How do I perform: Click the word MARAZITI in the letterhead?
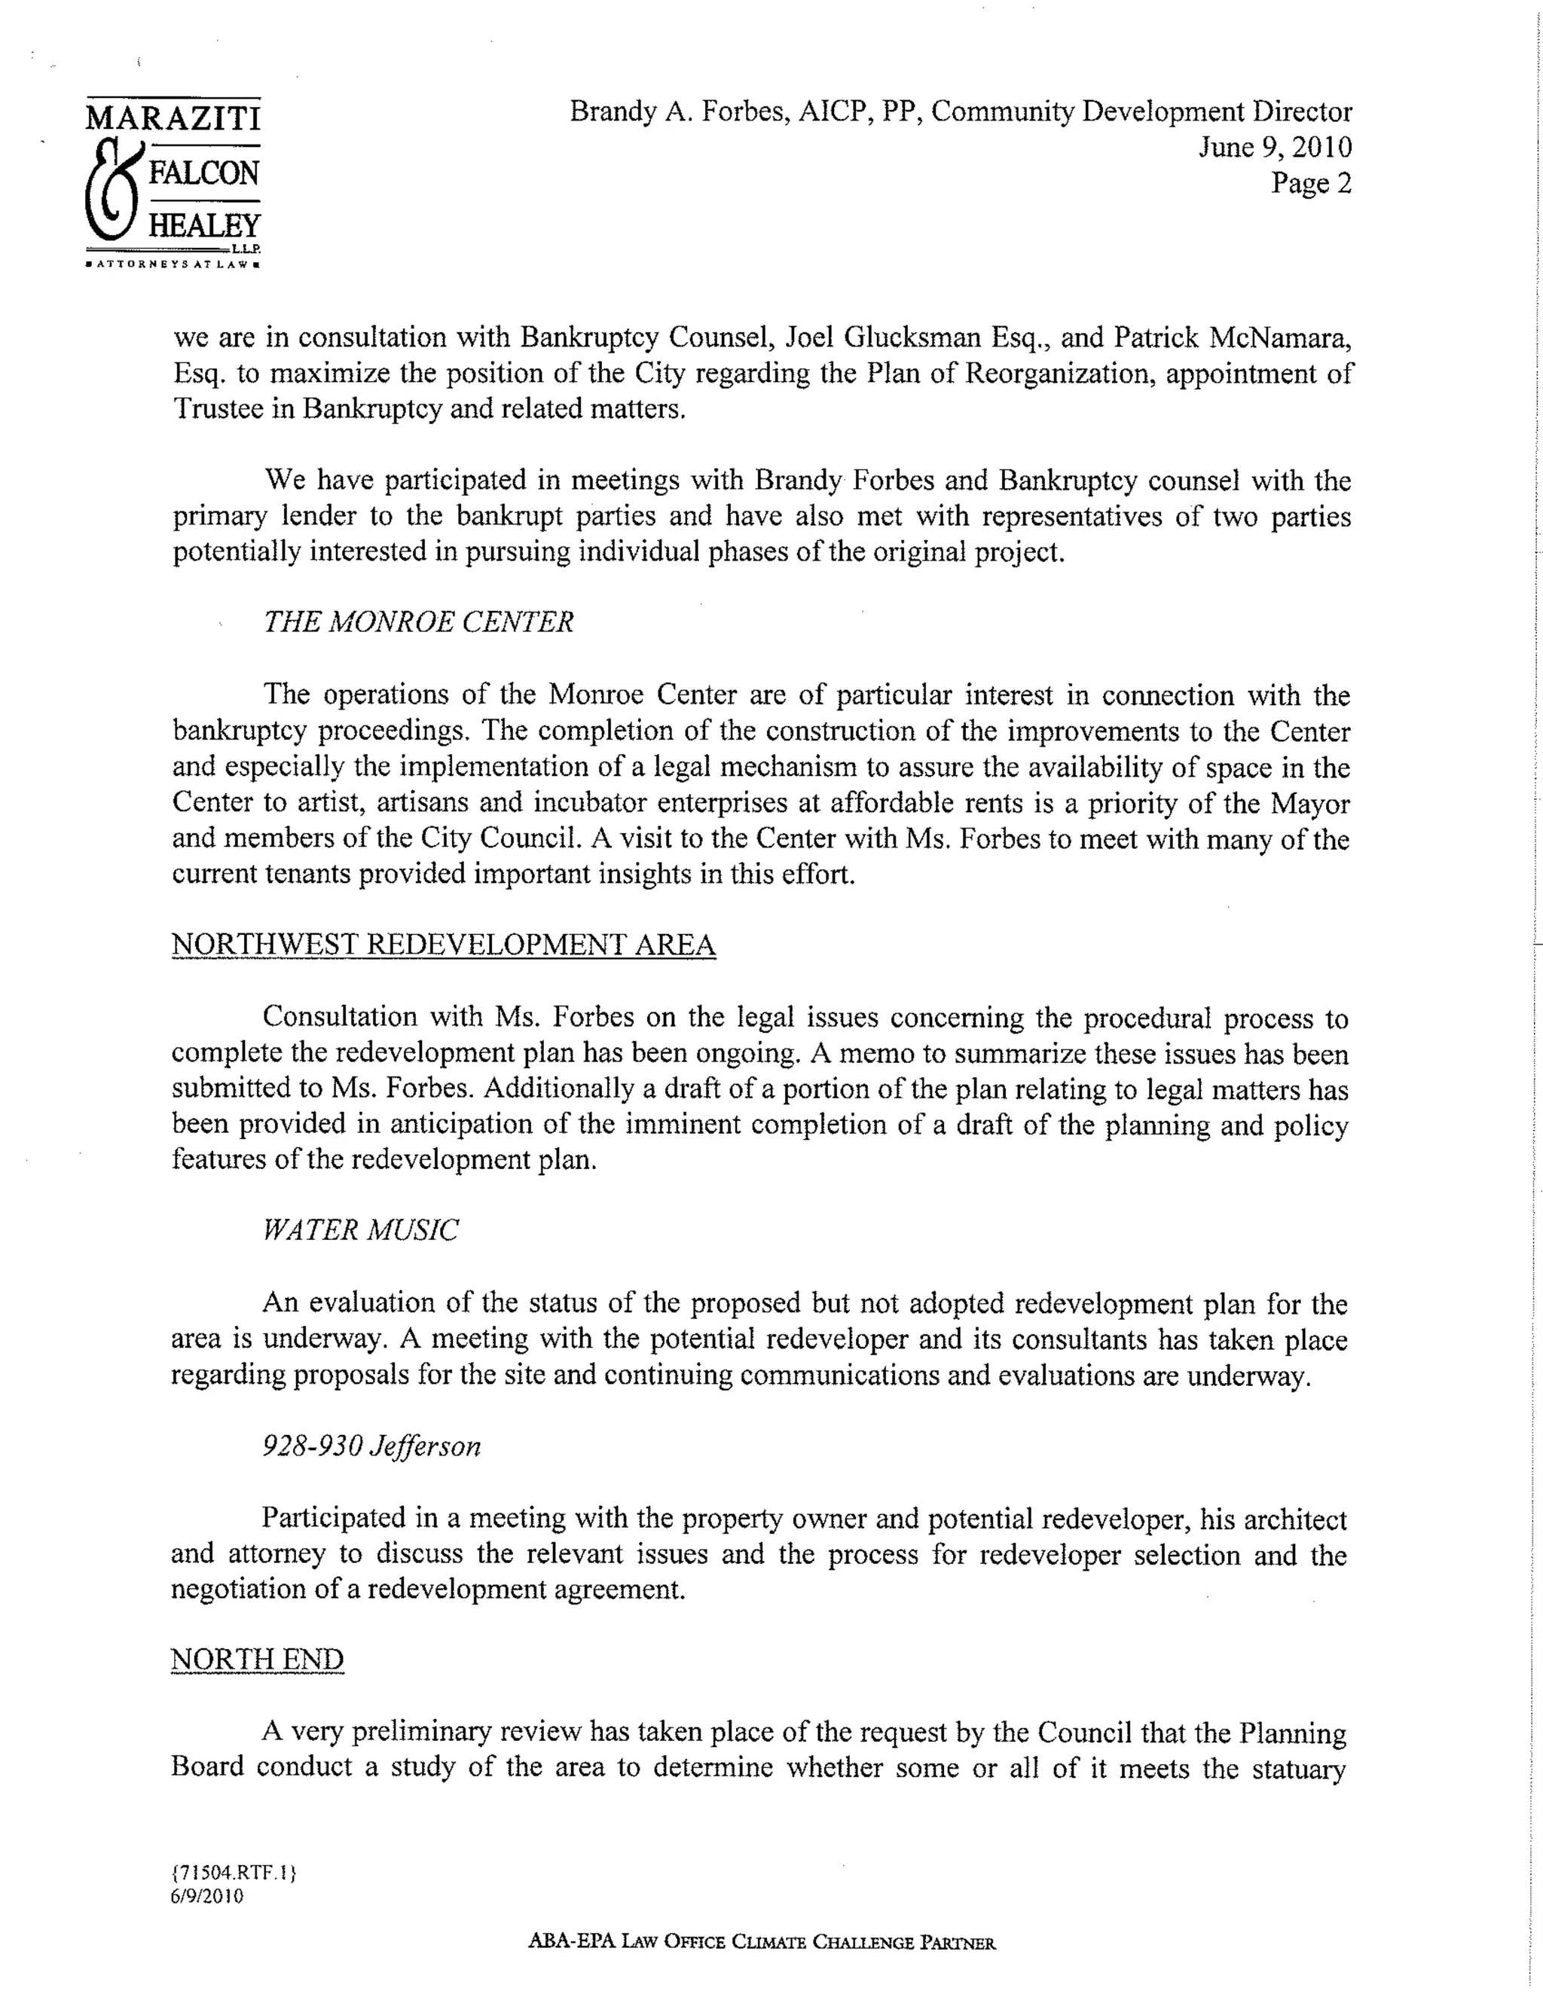tap(173, 118)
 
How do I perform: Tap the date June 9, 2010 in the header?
tap(1275, 147)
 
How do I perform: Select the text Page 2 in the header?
tap(1310, 184)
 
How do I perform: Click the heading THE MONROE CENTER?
tap(418, 621)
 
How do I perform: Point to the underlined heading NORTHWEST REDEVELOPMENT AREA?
tap(443, 944)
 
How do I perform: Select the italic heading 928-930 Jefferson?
tap(371, 1446)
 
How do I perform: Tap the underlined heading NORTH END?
tap(257, 1659)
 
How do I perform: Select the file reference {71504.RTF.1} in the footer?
tap(234, 1873)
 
